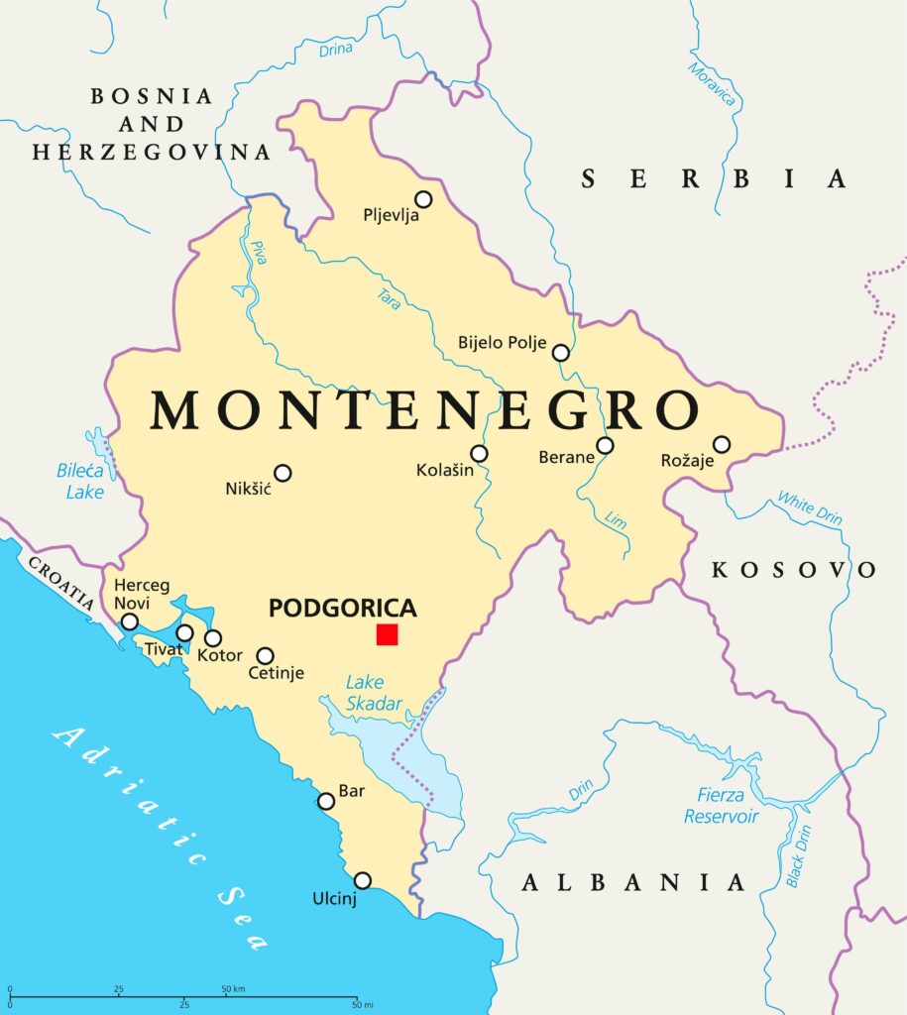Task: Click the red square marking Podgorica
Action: [387, 634]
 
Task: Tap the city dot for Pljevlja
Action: [423, 199]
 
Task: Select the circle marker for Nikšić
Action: [283, 473]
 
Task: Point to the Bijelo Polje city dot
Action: [561, 352]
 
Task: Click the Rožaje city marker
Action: [722, 444]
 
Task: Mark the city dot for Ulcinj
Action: [363, 880]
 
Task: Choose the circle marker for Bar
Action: [326, 801]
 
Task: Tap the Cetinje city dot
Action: [266, 655]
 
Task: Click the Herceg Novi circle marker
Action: [130, 621]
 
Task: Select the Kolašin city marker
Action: [479, 453]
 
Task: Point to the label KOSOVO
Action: [795, 570]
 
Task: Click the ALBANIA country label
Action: [633, 882]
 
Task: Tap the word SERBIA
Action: [714, 178]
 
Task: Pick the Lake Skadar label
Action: [375, 694]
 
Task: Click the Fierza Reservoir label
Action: [722, 806]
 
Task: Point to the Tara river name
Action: [389, 298]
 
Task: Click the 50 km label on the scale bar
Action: [234, 989]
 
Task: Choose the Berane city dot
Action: [605, 445]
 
